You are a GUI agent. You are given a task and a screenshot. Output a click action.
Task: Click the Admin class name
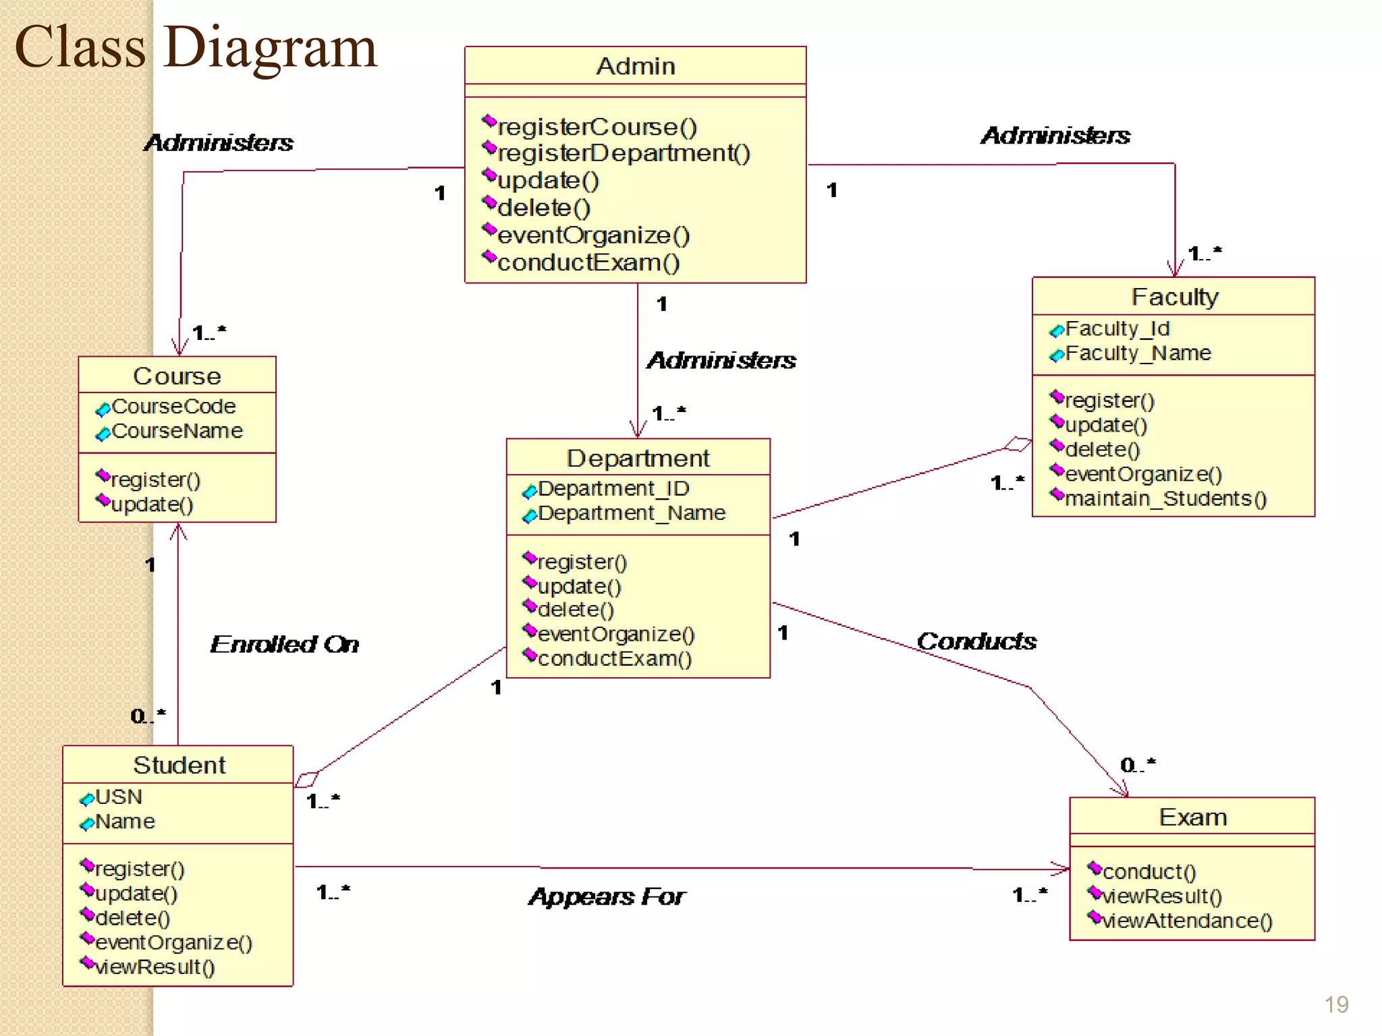pos(635,66)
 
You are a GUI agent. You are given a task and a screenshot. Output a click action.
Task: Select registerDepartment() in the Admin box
pos(623,153)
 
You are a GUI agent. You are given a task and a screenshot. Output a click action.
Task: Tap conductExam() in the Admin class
pos(588,262)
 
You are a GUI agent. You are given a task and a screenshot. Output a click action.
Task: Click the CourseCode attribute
pos(173,407)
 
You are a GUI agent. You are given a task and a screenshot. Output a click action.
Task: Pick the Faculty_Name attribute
pos(1138,353)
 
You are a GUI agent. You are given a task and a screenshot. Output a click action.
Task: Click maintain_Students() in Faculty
pos(1165,498)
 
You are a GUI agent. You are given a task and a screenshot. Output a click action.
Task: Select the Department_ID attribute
pos(613,488)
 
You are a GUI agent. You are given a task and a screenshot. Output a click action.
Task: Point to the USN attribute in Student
pos(119,797)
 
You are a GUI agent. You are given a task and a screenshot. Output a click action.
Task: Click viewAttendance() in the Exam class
pos(1187,921)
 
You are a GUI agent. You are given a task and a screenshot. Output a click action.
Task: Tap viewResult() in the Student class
pos(155,967)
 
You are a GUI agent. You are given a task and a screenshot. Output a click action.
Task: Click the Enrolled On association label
pos(284,644)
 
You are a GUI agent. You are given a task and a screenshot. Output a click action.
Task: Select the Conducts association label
pos(976,641)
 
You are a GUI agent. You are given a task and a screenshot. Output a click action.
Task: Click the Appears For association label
pos(607,896)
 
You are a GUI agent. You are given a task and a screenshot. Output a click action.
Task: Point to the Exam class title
pos(1192,817)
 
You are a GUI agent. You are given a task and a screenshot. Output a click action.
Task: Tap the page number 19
pos(1336,1004)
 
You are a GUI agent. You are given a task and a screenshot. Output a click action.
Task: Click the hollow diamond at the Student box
pos(306,780)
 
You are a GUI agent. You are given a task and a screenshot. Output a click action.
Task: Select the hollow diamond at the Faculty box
pos(1018,444)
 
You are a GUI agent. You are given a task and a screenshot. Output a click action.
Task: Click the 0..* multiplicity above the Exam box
pos(1138,765)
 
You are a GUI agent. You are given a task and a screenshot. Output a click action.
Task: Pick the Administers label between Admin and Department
pos(721,360)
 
